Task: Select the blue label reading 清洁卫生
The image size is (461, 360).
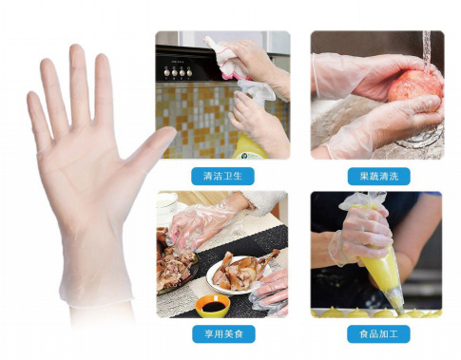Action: pyautogui.click(x=222, y=176)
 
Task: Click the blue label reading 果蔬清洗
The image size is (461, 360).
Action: pyautogui.click(x=377, y=176)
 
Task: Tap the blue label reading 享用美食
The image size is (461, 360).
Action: pyautogui.click(x=222, y=333)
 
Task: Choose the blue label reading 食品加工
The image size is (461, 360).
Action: pyautogui.click(x=377, y=333)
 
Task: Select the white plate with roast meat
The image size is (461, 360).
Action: pyautogui.click(x=238, y=275)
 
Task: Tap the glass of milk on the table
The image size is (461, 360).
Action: pyautogui.click(x=167, y=205)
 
